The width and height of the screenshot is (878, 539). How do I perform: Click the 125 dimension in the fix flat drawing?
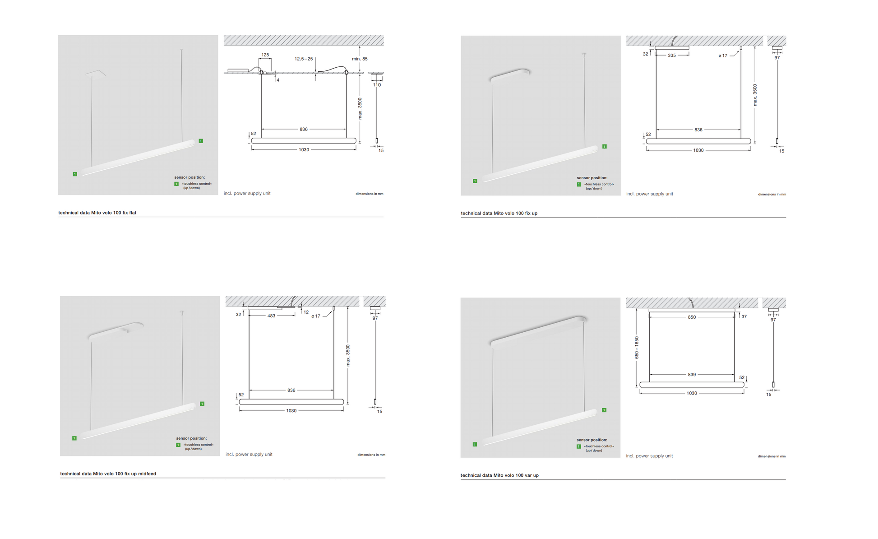[x=265, y=55]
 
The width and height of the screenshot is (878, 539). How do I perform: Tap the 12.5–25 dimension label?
[x=304, y=59]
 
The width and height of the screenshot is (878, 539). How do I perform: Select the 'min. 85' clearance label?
[x=360, y=59]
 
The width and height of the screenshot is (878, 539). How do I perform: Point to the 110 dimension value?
[x=377, y=85]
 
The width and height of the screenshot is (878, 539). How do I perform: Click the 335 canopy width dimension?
[x=672, y=56]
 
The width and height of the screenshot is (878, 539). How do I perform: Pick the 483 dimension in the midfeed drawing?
[x=271, y=316]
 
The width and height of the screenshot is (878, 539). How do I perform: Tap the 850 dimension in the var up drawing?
[x=692, y=317]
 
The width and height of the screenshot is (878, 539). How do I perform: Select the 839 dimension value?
[x=692, y=375]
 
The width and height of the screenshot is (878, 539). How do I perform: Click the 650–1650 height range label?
[x=637, y=348]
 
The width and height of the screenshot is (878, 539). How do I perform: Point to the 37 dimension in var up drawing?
[x=744, y=317]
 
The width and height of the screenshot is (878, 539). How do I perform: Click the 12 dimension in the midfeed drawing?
[x=306, y=312]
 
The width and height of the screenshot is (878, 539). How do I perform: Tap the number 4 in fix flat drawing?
[x=278, y=80]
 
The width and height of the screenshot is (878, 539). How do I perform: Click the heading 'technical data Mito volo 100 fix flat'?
[x=97, y=213]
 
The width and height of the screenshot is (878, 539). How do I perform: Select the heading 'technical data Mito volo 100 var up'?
[x=499, y=475]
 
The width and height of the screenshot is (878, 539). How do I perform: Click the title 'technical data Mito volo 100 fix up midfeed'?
[x=108, y=474]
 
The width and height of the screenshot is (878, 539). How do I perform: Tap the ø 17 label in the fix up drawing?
[x=723, y=56]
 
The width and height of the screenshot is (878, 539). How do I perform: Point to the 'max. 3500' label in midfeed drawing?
[x=348, y=356]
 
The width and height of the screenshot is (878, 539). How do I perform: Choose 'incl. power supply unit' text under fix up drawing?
[x=649, y=194]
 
